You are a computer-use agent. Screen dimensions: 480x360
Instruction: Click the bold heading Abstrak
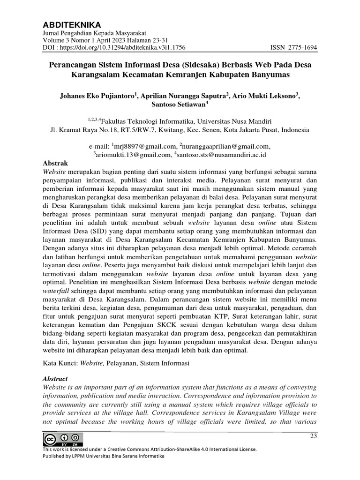(x=55, y=163)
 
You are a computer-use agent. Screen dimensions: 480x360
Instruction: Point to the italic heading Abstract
(x=55, y=378)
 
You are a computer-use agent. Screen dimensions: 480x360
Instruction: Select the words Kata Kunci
(x=60, y=362)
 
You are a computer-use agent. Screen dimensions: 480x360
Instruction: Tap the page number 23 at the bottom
(x=314, y=437)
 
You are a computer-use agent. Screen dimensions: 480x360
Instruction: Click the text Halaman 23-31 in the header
(x=140, y=40)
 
